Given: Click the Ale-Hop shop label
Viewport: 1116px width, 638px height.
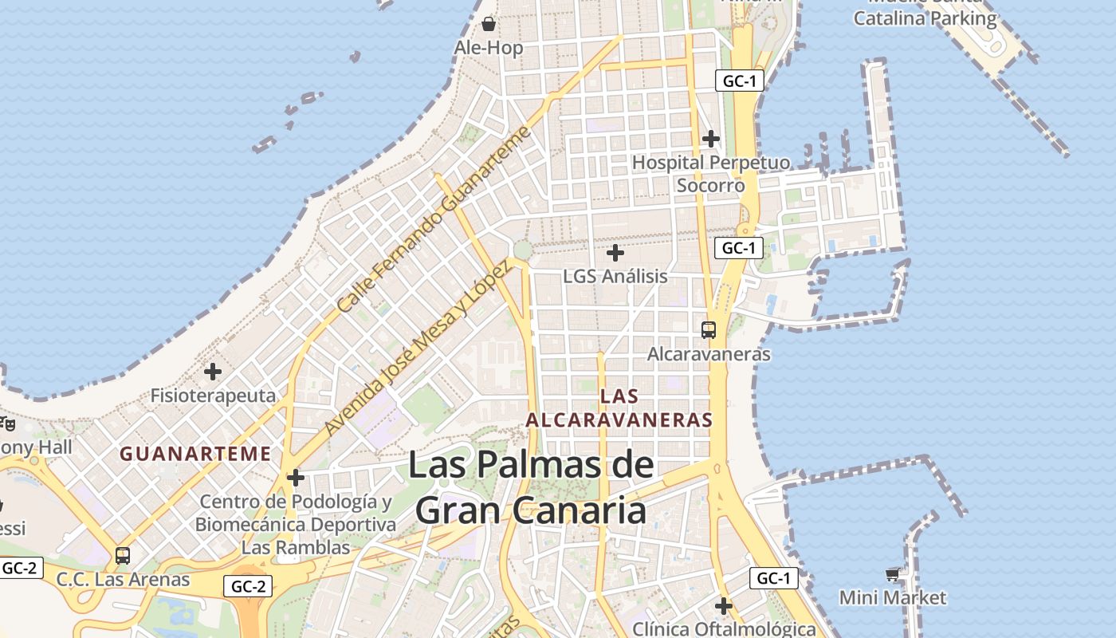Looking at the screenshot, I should [x=489, y=48].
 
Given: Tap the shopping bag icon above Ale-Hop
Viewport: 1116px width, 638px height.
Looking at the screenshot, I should [x=489, y=24].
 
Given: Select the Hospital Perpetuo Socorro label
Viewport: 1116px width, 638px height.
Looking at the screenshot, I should [x=711, y=174].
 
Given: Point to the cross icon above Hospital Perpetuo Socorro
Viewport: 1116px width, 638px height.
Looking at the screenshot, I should [x=711, y=139].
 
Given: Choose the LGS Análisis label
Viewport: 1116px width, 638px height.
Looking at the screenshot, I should [x=615, y=277].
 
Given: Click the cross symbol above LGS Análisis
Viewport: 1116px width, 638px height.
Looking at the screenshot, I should [x=615, y=254].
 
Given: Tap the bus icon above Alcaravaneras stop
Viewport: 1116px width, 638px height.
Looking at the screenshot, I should [x=709, y=329].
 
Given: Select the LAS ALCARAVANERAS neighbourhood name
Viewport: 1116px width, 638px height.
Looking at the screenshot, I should [x=619, y=408].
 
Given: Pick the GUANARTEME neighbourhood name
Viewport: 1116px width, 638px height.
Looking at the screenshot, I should [x=195, y=455].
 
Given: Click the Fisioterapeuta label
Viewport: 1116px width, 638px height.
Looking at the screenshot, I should [x=213, y=396].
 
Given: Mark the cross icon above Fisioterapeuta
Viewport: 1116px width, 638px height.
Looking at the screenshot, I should [x=213, y=372].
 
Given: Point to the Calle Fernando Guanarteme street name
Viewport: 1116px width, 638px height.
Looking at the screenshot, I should [x=434, y=219].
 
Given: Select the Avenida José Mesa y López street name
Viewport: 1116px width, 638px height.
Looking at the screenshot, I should [x=417, y=347].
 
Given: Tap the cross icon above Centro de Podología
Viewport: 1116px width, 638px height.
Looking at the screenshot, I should [x=296, y=478].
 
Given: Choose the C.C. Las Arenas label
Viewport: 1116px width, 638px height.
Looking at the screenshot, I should [x=123, y=580].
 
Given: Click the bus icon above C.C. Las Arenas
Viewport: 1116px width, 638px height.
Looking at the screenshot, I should [x=123, y=556].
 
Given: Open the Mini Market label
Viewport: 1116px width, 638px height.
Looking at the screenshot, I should [x=893, y=597].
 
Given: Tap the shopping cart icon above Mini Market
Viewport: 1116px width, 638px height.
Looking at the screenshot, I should [x=893, y=574].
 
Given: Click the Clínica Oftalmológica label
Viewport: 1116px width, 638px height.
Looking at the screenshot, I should [x=724, y=629].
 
